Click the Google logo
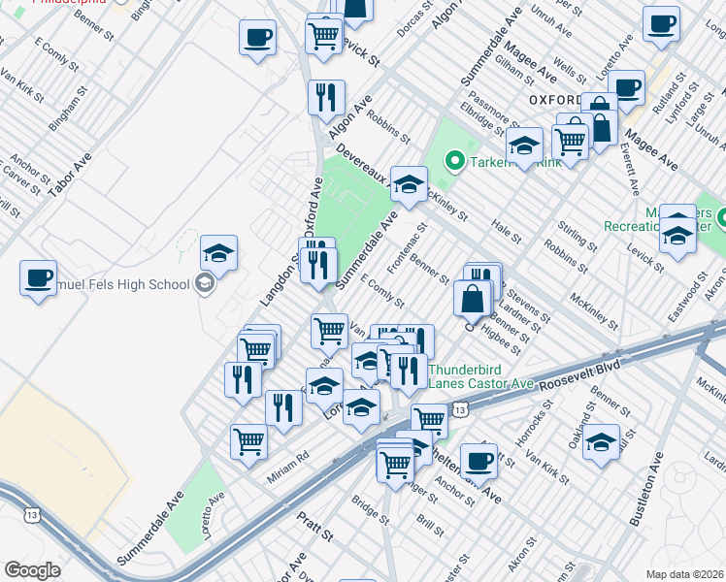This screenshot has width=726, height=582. click(32, 570)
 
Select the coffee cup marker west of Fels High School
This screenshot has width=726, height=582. click(38, 277)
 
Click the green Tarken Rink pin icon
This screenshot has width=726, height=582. click(452, 161)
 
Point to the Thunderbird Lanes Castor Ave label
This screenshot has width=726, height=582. click(481, 376)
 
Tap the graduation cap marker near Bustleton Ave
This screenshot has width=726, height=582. click(601, 442)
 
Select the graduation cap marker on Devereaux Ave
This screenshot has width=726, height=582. click(410, 182)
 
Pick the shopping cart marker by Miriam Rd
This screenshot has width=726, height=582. click(248, 441)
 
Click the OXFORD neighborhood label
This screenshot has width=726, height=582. click(556, 100)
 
